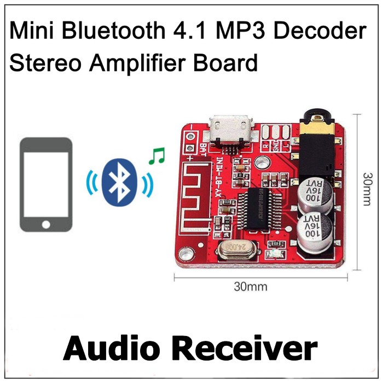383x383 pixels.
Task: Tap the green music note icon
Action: point(156,158)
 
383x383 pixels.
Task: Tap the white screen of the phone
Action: point(46,184)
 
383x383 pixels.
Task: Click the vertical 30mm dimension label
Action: point(368,191)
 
